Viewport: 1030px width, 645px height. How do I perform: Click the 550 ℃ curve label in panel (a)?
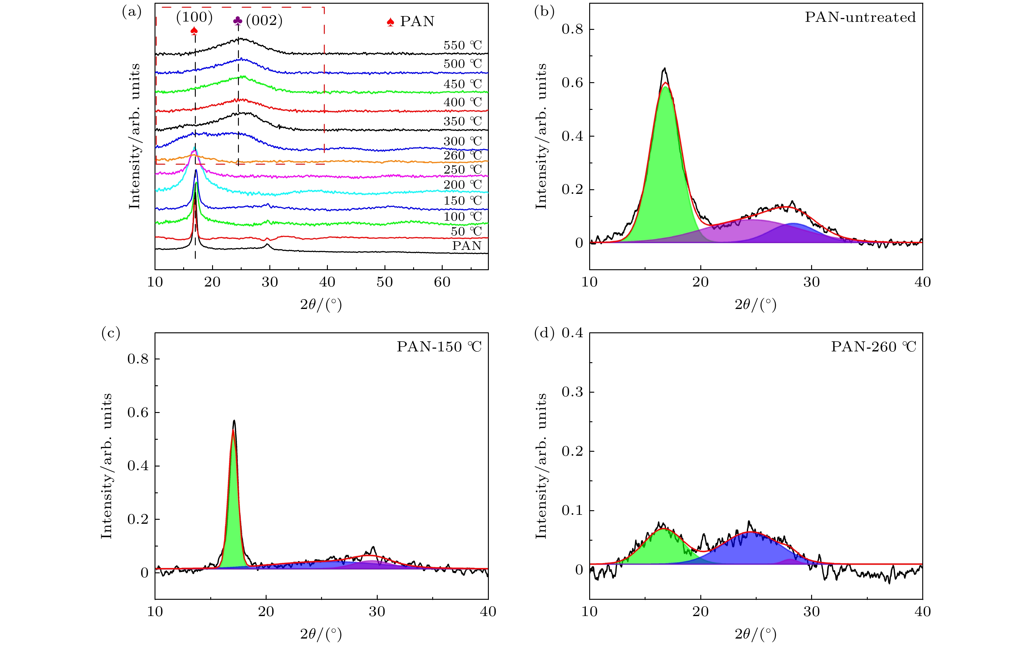(x=463, y=45)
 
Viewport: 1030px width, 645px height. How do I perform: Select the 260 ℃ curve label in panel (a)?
(x=463, y=155)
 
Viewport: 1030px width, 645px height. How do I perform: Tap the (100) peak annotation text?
(x=194, y=17)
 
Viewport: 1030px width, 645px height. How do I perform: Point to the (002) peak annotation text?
(x=264, y=21)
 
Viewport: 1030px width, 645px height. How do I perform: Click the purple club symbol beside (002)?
(x=238, y=21)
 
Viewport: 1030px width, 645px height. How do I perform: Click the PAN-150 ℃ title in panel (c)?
(x=439, y=347)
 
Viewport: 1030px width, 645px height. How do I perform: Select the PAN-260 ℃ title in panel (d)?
(x=873, y=347)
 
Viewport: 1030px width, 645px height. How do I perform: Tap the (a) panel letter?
(x=131, y=12)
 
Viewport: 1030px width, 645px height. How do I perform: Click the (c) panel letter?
(x=111, y=333)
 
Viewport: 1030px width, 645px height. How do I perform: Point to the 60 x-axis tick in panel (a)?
(x=442, y=282)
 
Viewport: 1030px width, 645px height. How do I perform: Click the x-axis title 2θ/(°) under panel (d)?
(x=755, y=634)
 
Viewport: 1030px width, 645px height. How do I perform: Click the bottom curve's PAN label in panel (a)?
(x=467, y=246)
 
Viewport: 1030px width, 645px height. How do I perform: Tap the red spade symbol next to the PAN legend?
(x=390, y=22)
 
